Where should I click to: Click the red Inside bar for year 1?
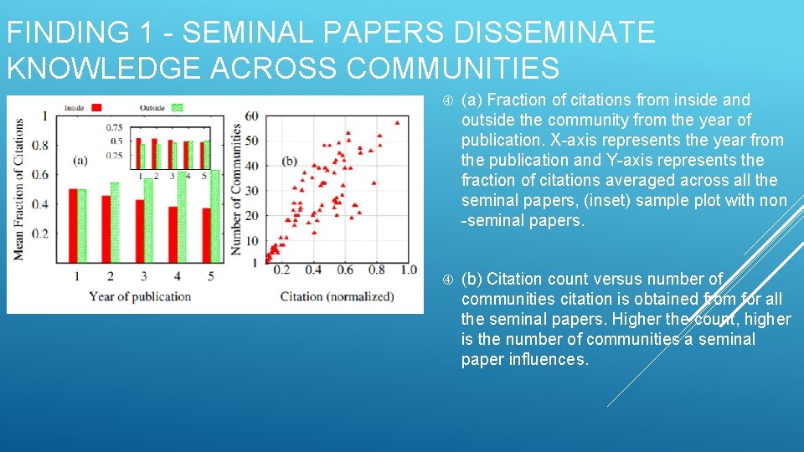click(x=73, y=226)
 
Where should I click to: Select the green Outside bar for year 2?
click(x=115, y=223)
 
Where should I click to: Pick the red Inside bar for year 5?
click(x=206, y=235)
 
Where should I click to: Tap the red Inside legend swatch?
click(x=97, y=107)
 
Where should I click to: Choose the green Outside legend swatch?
click(x=177, y=107)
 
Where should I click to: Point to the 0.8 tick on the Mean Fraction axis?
click(x=41, y=145)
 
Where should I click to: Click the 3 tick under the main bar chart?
click(x=144, y=275)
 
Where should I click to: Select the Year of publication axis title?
click(x=140, y=296)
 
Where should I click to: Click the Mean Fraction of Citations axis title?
click(x=18, y=187)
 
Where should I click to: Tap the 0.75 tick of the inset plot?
click(x=115, y=127)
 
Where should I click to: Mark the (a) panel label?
click(x=80, y=160)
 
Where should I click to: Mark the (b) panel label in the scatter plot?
click(x=290, y=161)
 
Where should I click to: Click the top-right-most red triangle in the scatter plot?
click(x=397, y=122)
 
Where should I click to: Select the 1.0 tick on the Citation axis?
click(x=408, y=270)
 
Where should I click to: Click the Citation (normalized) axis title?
click(x=337, y=296)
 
